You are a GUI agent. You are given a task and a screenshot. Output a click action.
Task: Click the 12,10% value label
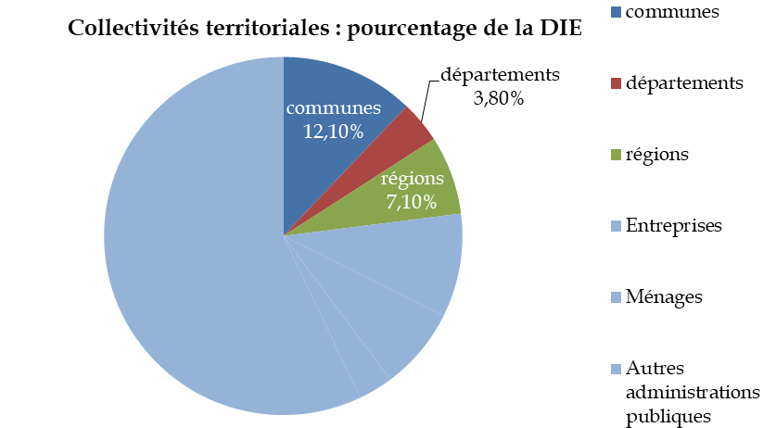[x=333, y=132]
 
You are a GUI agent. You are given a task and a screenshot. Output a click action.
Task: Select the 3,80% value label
[x=499, y=97]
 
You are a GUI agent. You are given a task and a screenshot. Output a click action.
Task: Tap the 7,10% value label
[x=409, y=200]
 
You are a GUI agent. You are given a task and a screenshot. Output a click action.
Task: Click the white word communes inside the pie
[x=333, y=108]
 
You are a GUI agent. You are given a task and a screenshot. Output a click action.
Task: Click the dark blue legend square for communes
[x=617, y=12]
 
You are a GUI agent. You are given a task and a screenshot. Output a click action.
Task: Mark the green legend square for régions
[x=617, y=155]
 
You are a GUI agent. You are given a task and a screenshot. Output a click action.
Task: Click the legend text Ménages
[x=664, y=297]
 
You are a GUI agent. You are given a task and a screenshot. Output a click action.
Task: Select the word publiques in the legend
[x=668, y=415]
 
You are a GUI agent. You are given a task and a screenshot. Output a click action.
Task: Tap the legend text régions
[x=657, y=155]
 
